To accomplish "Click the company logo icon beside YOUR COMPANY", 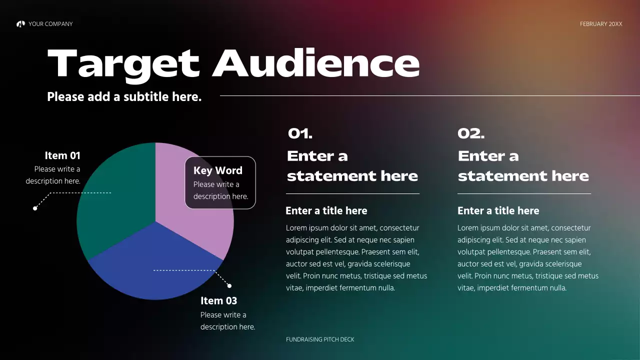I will coord(20,24).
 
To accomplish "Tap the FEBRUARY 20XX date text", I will coord(601,24).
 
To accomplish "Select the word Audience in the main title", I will coord(316,63).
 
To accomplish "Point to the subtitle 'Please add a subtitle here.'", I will coord(124,96).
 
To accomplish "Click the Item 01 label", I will coord(62,155).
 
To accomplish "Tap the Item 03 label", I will coord(218,300).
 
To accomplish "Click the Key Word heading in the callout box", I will coord(217,170).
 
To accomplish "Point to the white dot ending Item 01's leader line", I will coord(35,208).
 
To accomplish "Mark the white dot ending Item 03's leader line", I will coord(229,286).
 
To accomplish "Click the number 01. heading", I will coord(300,133).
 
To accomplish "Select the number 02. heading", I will coord(471,133).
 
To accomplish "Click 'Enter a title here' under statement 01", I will coord(326,210).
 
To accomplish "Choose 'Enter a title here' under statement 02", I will coord(498,210).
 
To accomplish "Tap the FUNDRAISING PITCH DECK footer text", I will coord(320,339).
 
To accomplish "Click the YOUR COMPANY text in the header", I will coord(50,24).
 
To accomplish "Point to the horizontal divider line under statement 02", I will coord(524,193).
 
